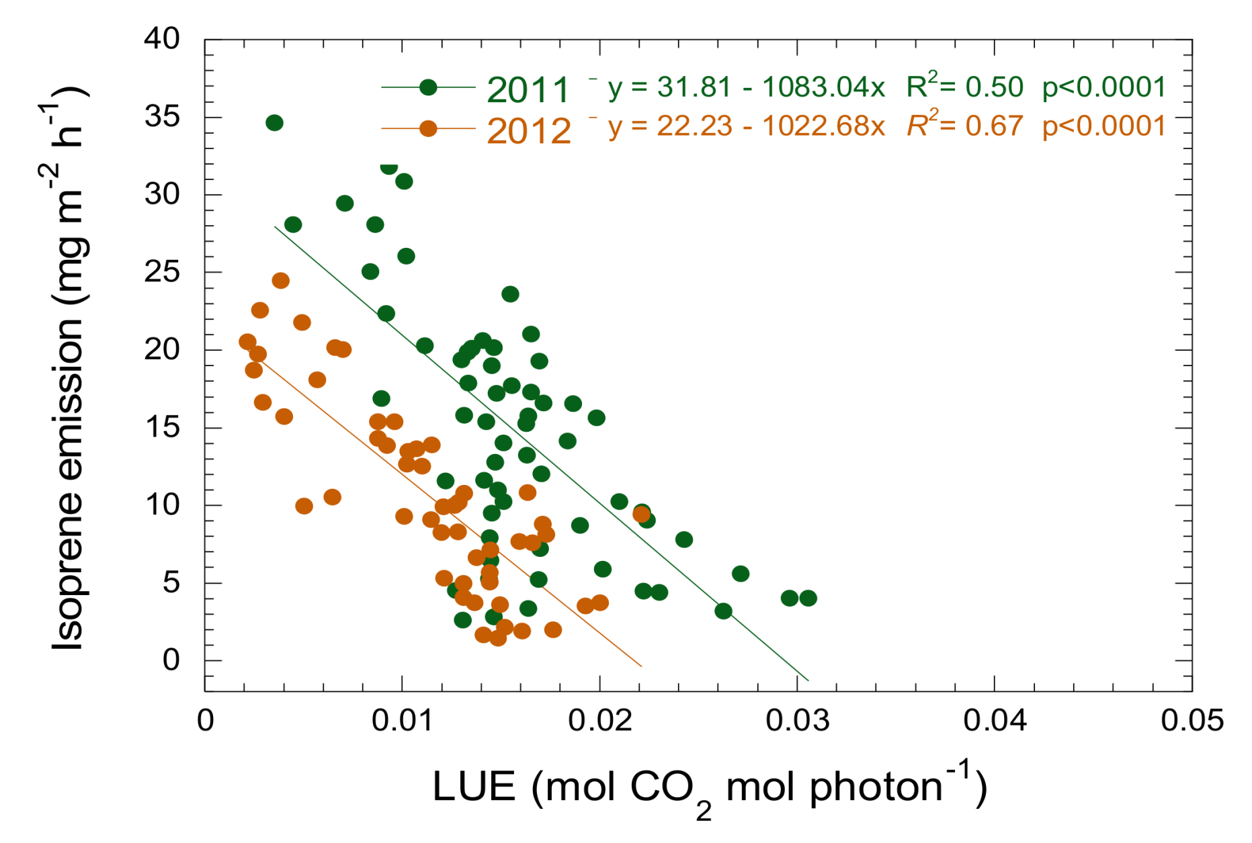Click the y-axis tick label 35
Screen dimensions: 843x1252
pyautogui.click(x=163, y=117)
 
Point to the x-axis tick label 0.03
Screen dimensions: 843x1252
pyautogui.click(x=797, y=721)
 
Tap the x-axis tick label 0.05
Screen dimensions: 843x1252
pyautogui.click(x=1192, y=721)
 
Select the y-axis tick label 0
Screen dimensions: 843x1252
pyautogui.click(x=171, y=660)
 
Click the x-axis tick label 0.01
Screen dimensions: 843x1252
pyautogui.click(x=402, y=721)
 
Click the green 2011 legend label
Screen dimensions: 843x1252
pyautogui.click(x=528, y=90)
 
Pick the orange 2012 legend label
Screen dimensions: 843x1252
pyautogui.click(x=529, y=130)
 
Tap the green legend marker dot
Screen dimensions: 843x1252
pyautogui.click(x=428, y=87)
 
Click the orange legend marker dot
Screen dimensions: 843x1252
pyautogui.click(x=428, y=128)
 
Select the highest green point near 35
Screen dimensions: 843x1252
pyautogui.click(x=274, y=123)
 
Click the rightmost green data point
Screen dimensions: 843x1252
pyautogui.click(x=808, y=598)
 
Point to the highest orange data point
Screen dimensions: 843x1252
pyautogui.click(x=281, y=281)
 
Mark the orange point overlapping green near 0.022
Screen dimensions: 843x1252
pyautogui.click(x=642, y=515)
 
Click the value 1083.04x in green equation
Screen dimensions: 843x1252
pyautogui.click(x=823, y=87)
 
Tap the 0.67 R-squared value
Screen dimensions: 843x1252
pyautogui.click(x=993, y=126)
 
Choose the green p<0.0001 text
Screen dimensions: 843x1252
pyautogui.click(x=1103, y=87)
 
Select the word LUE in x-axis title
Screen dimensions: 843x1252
pyautogui.click(x=474, y=786)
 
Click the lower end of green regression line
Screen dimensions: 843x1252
pyautogui.click(x=808, y=680)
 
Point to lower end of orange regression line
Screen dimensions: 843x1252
pyautogui.click(x=641, y=666)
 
